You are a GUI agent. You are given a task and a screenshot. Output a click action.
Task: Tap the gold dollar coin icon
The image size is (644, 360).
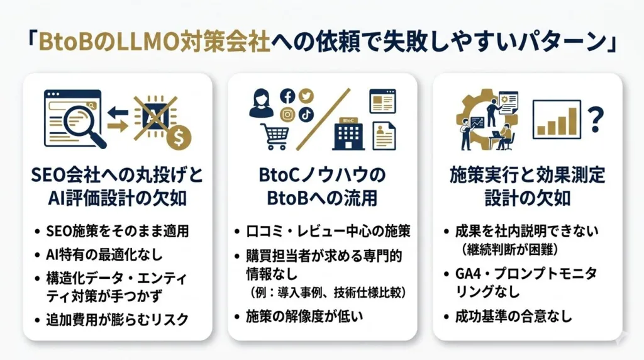click(x=182, y=135)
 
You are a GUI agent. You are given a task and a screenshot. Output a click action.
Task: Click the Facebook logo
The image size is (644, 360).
click(x=287, y=96)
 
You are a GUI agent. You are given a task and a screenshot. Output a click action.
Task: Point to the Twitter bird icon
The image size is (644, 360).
click(x=306, y=96)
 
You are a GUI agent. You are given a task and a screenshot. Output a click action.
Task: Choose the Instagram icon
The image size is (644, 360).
click(x=287, y=115)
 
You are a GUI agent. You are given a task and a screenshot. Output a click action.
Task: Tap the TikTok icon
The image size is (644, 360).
click(x=306, y=115)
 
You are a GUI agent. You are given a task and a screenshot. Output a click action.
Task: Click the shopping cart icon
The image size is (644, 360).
click(x=274, y=135)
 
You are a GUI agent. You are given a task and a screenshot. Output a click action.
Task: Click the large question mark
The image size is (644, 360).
click(x=595, y=117)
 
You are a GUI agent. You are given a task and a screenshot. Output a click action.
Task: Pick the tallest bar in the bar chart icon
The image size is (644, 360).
click(x=572, y=120)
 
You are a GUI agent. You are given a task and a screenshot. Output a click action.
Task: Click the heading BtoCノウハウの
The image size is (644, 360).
click(x=321, y=176)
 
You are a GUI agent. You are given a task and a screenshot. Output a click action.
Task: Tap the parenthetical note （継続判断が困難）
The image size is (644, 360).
click(x=509, y=249)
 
